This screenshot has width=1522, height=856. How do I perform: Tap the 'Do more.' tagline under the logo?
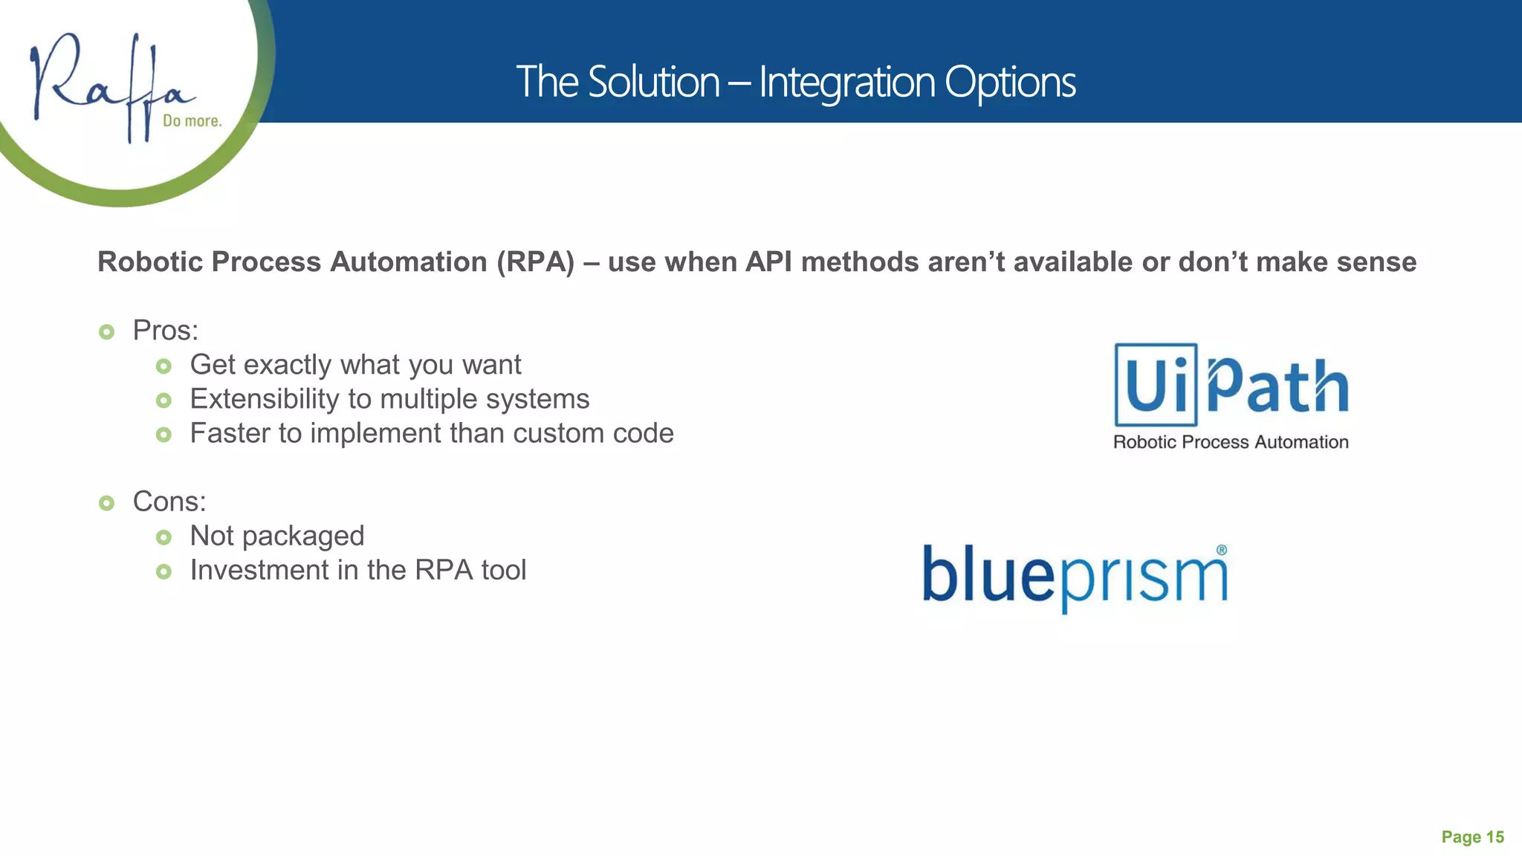tap(192, 121)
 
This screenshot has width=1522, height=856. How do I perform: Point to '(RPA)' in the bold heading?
tap(536, 262)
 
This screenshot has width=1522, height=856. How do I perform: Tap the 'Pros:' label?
tap(165, 331)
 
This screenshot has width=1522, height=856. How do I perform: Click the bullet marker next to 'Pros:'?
tap(106, 332)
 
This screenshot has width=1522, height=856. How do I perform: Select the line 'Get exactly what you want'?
tap(355, 365)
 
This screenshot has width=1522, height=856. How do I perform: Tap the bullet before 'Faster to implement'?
tap(163, 435)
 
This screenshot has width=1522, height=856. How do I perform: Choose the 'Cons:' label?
tap(169, 502)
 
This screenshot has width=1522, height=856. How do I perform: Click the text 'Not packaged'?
tap(276, 536)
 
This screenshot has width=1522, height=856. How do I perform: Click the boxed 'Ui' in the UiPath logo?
tap(1156, 384)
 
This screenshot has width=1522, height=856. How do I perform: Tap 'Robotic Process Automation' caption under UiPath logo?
tap(1231, 442)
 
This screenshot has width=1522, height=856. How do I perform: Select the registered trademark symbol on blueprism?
tap(1221, 551)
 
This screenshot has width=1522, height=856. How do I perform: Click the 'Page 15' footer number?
tap(1472, 837)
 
